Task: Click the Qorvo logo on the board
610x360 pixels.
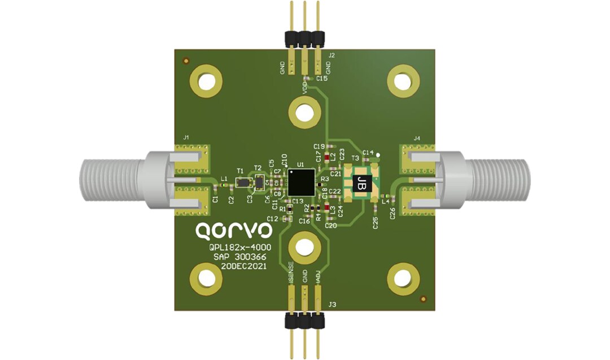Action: (x=233, y=230)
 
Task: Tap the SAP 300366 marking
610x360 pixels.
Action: (x=240, y=257)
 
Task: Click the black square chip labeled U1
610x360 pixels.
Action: (x=300, y=183)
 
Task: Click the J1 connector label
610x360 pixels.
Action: (x=186, y=137)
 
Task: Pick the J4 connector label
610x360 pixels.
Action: (x=417, y=137)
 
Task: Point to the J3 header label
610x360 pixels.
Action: (x=333, y=305)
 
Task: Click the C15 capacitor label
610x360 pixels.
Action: (x=322, y=79)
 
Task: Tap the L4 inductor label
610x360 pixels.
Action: (x=385, y=201)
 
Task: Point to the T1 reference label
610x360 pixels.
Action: (x=240, y=171)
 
